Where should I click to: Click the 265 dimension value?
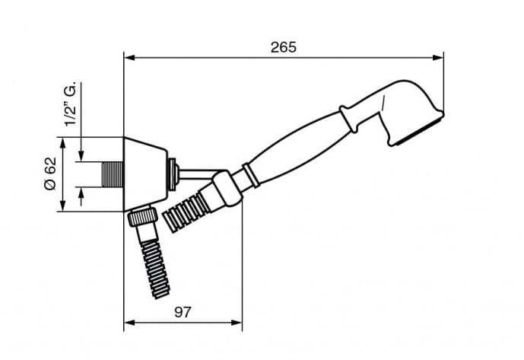(284, 47)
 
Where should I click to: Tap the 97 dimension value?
(183, 312)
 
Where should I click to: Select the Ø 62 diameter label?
(51, 174)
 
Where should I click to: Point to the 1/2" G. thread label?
(71, 104)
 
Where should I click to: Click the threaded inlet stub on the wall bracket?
(113, 174)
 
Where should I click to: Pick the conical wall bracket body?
(145, 174)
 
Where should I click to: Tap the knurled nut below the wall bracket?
(143, 216)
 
